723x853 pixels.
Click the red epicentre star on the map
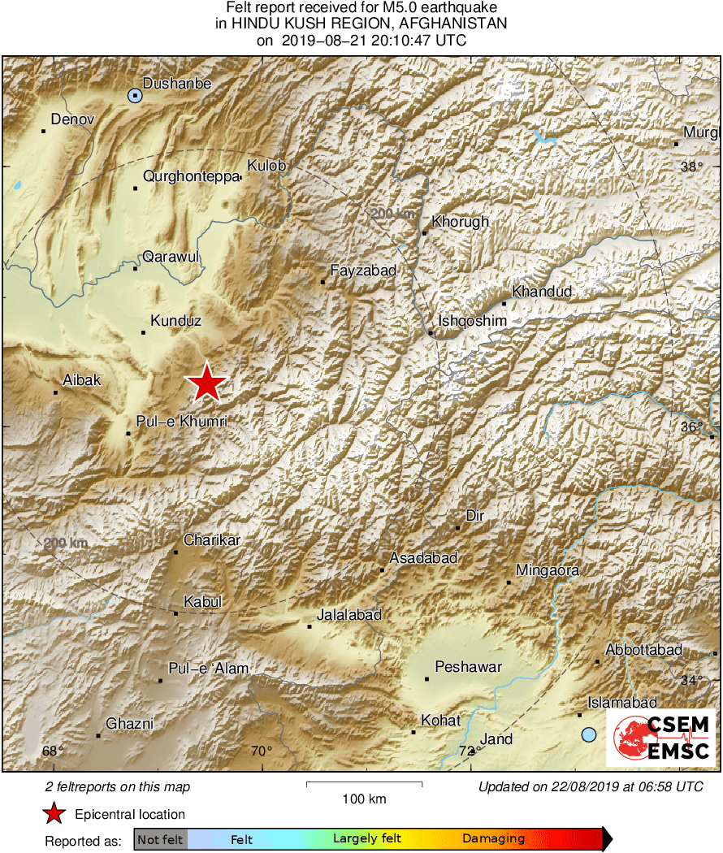pyautogui.click(x=207, y=383)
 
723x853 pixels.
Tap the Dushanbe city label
pyautogui.click(x=177, y=83)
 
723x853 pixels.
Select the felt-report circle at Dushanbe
pyautogui.click(x=135, y=96)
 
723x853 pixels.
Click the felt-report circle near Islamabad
pyautogui.click(x=589, y=734)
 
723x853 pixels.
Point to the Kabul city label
pyautogui.click(x=202, y=602)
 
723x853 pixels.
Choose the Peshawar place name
pyautogui.click(x=469, y=668)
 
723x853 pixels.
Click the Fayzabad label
pyautogui.click(x=363, y=271)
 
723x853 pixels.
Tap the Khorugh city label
pyautogui.click(x=461, y=221)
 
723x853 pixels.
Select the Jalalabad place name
pyautogui.click(x=349, y=615)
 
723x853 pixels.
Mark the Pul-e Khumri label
pyautogui.click(x=181, y=422)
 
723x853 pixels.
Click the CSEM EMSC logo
pyautogui.click(x=661, y=738)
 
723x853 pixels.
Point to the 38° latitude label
pyautogui.click(x=691, y=167)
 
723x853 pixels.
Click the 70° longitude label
pyautogui.click(x=262, y=751)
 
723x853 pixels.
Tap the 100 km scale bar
pyautogui.click(x=364, y=784)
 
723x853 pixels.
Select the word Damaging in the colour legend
pyautogui.click(x=494, y=839)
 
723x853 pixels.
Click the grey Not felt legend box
pyautogui.click(x=160, y=839)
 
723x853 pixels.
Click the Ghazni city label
pyautogui.click(x=130, y=724)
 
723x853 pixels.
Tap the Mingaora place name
pyautogui.click(x=548, y=570)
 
